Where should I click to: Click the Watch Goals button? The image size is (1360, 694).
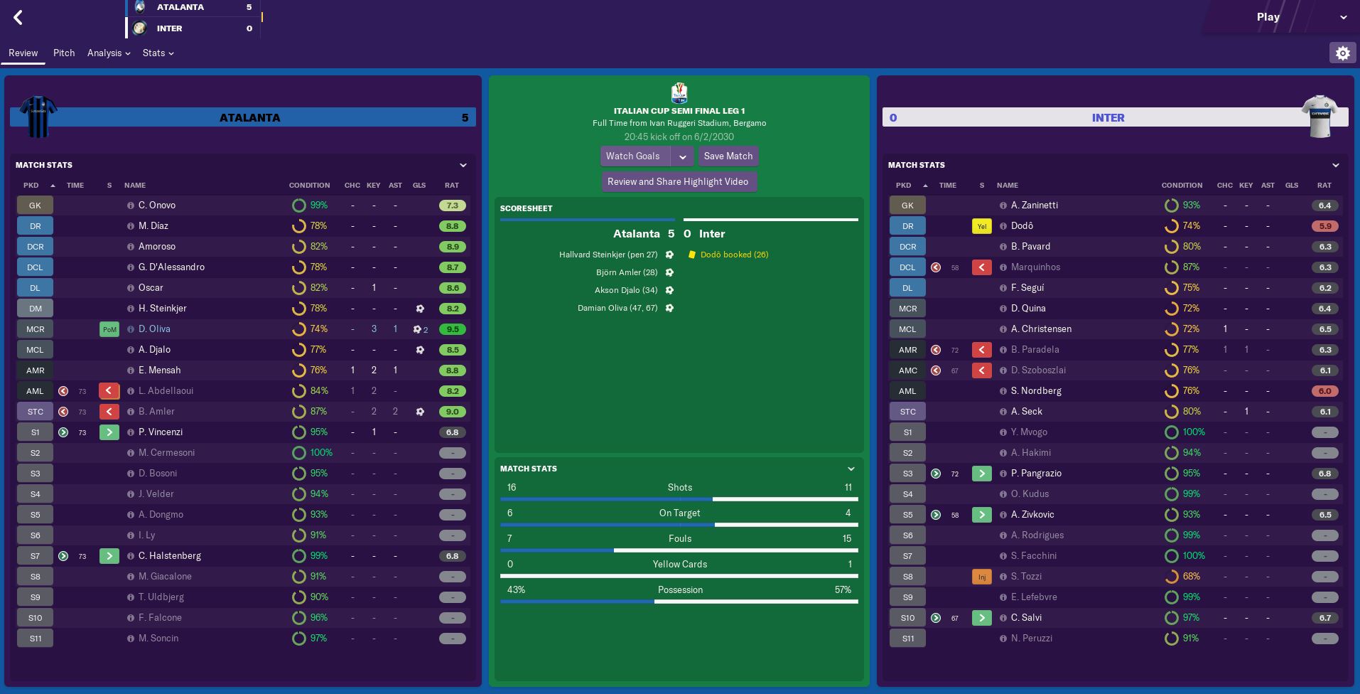[x=633, y=156]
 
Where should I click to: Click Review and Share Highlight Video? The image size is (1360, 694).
[x=678, y=182]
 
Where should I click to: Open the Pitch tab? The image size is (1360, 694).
[x=64, y=53]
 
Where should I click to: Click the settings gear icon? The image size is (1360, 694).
[x=1342, y=53]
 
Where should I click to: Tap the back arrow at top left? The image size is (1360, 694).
[x=18, y=18]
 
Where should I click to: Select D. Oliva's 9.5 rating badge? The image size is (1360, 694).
[x=453, y=329]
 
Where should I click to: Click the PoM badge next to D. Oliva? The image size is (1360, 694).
[x=109, y=329]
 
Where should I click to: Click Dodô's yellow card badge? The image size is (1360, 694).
[x=981, y=226]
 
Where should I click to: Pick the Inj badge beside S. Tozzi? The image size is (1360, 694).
[x=981, y=577]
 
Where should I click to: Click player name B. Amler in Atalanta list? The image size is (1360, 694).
[x=156, y=412]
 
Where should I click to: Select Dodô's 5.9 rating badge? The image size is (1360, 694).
[x=1325, y=226]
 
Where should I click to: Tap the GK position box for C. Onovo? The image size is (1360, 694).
[x=35, y=205]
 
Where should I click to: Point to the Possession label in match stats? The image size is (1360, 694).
[x=680, y=590]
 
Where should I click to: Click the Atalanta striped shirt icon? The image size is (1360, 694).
[x=38, y=116]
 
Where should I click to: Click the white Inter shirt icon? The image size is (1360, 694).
[x=1319, y=116]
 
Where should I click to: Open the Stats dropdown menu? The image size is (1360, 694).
[x=158, y=53]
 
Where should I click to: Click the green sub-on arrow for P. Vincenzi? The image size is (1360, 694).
[x=109, y=432]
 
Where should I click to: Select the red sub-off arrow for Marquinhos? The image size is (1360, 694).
[x=981, y=267]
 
